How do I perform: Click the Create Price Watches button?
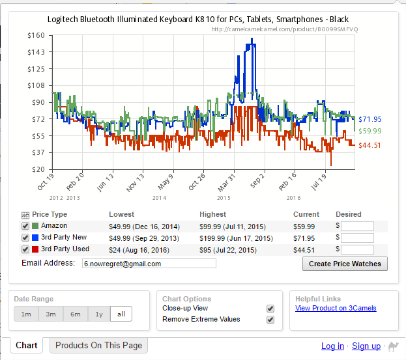tap(345, 263)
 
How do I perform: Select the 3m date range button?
tap(50, 314)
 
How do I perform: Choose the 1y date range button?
tap(98, 314)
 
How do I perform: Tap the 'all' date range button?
tap(121, 314)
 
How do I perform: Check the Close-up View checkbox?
tap(270, 308)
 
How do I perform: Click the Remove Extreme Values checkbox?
tap(270, 319)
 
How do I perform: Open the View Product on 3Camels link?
tap(336, 308)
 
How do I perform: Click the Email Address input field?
tap(149, 264)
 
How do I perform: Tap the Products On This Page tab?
tap(99, 346)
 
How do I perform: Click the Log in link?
tap(332, 346)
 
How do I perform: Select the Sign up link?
tap(366, 346)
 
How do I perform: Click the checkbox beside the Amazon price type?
tap(25, 226)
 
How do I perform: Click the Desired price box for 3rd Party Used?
tap(357, 249)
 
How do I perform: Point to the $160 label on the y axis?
tap(36, 35)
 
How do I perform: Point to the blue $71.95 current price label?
tap(370, 119)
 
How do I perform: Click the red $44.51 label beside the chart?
tap(370, 145)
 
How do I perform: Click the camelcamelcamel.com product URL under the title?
tap(285, 29)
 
